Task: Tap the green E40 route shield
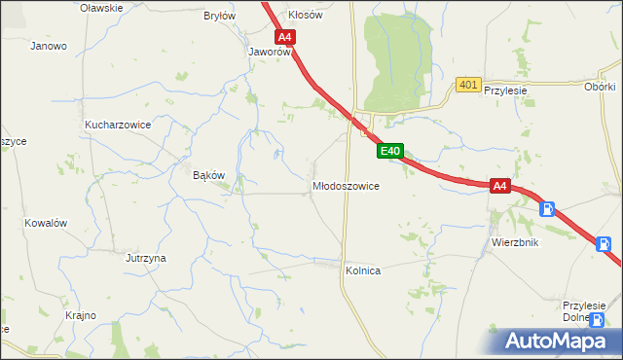coord(389,151)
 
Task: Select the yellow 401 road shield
coord(467,86)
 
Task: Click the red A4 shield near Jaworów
coord(284,38)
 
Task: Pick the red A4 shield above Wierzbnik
coord(499,185)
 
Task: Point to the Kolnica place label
coord(361,270)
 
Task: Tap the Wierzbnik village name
coord(515,242)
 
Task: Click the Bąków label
coord(209,175)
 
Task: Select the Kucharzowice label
coord(118,126)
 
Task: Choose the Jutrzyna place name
coord(145,258)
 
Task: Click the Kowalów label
coord(45,222)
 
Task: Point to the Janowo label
coord(49,46)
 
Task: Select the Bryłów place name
coord(219,16)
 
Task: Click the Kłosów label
coord(305,16)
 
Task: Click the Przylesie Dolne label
coord(584,310)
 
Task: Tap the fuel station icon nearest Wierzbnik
coord(548,208)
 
